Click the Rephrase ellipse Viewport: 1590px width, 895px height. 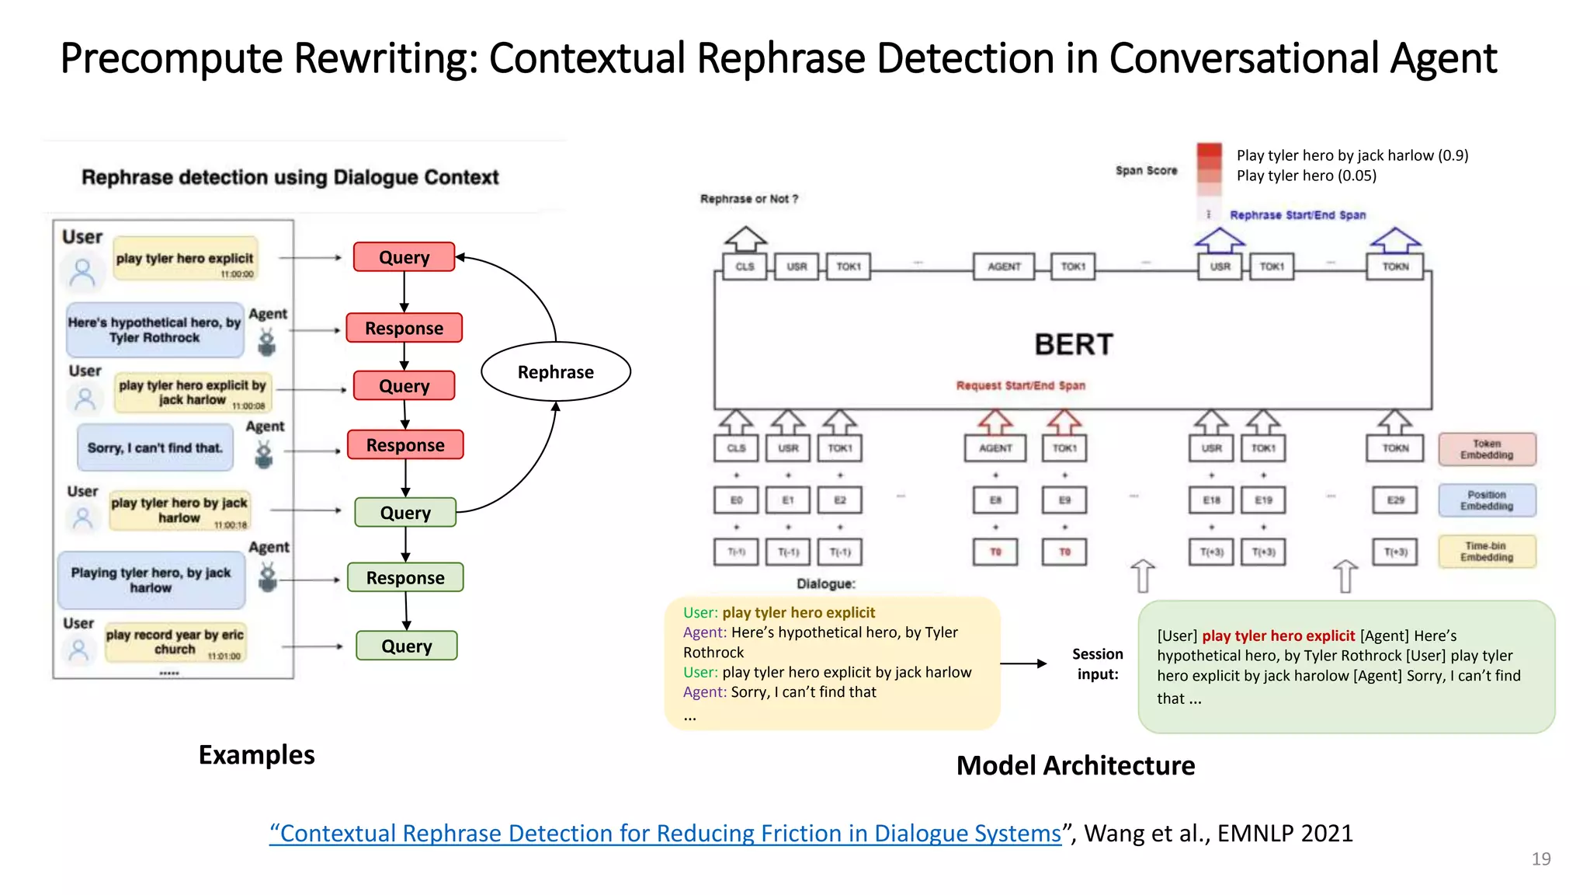555,371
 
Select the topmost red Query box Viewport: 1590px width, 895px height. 404,257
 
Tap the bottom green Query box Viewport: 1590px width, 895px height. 406,646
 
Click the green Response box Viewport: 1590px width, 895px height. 405,577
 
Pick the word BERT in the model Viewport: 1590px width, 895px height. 1074,344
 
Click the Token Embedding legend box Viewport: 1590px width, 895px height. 1486,449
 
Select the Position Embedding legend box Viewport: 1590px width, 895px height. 1486,500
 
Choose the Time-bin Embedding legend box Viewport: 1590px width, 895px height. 1486,552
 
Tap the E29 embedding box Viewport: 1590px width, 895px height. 1395,500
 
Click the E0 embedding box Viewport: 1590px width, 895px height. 736,500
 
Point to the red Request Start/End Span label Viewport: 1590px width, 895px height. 1020,385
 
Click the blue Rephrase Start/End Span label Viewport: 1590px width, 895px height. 1297,215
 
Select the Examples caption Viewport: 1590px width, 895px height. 256,754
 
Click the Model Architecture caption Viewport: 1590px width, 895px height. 1075,765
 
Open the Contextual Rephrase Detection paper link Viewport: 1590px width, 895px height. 665,834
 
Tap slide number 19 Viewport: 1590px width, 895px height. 1540,858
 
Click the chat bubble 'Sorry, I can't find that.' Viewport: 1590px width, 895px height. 155,447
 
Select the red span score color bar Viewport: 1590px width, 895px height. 1209,168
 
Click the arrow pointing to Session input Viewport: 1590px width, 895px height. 1023,663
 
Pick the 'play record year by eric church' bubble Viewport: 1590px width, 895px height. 175,642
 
